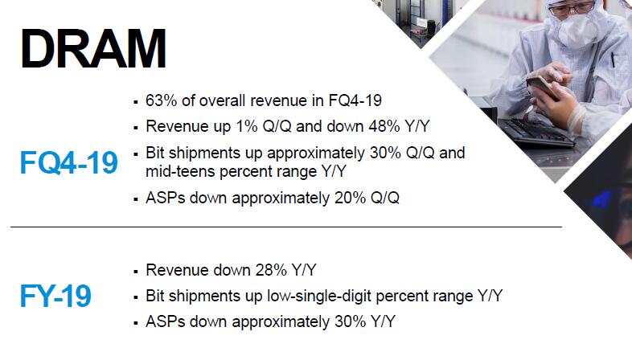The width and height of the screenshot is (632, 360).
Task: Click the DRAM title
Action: [x=93, y=49]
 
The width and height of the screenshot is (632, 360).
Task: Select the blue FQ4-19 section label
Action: [x=69, y=162]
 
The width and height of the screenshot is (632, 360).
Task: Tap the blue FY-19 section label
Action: [x=55, y=296]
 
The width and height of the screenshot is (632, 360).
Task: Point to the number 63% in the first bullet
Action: [x=162, y=100]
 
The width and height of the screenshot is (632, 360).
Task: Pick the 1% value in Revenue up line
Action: [x=247, y=126]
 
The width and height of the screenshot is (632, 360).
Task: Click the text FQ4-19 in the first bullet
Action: [x=355, y=100]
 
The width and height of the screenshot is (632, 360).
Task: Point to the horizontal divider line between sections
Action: [x=286, y=227]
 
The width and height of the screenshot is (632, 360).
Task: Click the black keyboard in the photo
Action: [x=538, y=133]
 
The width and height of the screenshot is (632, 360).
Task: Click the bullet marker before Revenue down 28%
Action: [x=135, y=272]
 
